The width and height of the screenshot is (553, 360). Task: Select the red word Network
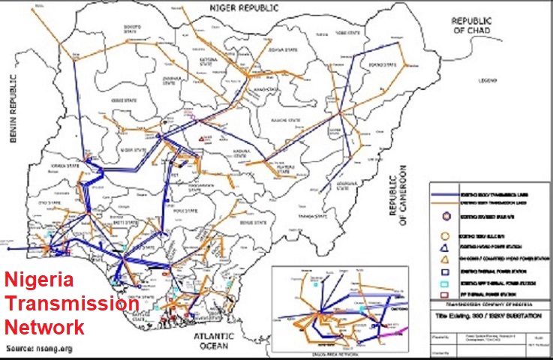click(x=45, y=327)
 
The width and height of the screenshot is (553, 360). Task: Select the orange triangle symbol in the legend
click(x=447, y=258)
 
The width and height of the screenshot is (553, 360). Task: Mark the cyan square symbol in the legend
click(x=447, y=284)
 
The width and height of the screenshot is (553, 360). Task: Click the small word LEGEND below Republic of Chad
click(x=489, y=79)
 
